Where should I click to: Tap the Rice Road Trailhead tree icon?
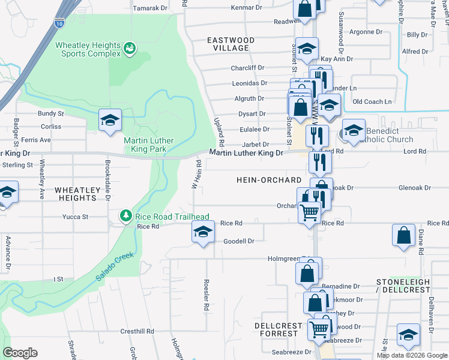(x=125, y=216)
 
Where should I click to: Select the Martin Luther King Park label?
(x=148, y=145)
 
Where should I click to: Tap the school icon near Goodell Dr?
(x=203, y=233)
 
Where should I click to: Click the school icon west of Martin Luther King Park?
(x=110, y=120)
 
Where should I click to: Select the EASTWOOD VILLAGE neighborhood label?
(x=231, y=44)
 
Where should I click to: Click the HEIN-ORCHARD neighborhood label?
(x=268, y=180)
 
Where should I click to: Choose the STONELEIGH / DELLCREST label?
(x=403, y=285)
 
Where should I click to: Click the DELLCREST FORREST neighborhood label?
(x=276, y=329)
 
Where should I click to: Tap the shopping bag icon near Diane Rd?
(x=404, y=236)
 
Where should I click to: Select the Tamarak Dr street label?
(x=149, y=8)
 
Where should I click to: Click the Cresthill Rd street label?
(x=137, y=331)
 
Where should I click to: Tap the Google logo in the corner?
(x=20, y=353)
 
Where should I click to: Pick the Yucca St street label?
(x=76, y=217)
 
